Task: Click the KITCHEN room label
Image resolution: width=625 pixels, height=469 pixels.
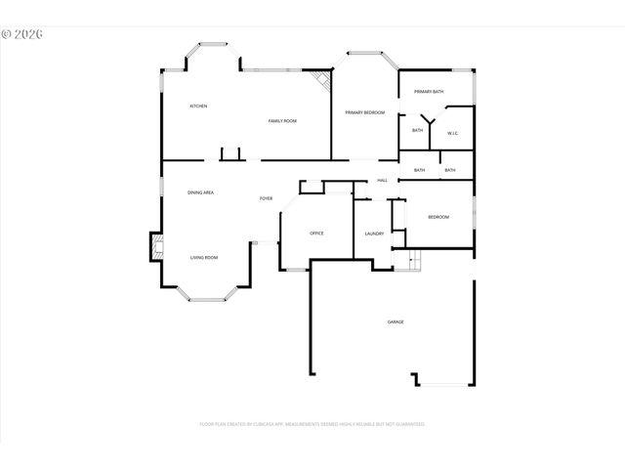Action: coord(198,106)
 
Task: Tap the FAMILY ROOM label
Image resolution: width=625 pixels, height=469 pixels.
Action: coord(282,120)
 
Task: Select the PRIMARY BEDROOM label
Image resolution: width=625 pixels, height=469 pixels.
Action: coord(364,112)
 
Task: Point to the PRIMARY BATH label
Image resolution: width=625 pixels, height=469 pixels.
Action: coord(429,91)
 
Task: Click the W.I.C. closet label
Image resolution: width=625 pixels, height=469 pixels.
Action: coord(453,132)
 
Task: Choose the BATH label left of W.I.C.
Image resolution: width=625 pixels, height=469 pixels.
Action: coord(417,130)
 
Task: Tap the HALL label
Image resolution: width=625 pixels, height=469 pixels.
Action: coord(383,180)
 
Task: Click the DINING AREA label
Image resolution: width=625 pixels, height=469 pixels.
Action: coord(201,192)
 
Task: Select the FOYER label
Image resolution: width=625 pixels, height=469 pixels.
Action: coord(266,198)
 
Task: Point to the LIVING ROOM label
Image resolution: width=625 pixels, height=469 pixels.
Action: coord(204,257)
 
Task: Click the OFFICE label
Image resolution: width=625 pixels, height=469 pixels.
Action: coord(316,233)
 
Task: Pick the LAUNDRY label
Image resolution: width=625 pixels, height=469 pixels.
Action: coord(373,234)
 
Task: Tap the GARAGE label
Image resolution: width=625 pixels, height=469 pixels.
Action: coord(396,321)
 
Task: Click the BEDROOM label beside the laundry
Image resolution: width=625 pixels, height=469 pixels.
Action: coord(438,217)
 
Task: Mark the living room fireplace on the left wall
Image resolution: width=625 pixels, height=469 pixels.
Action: coord(154,246)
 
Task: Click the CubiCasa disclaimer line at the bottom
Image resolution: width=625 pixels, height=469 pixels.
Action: coord(312,424)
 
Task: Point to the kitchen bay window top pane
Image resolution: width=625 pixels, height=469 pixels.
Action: coord(213,44)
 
